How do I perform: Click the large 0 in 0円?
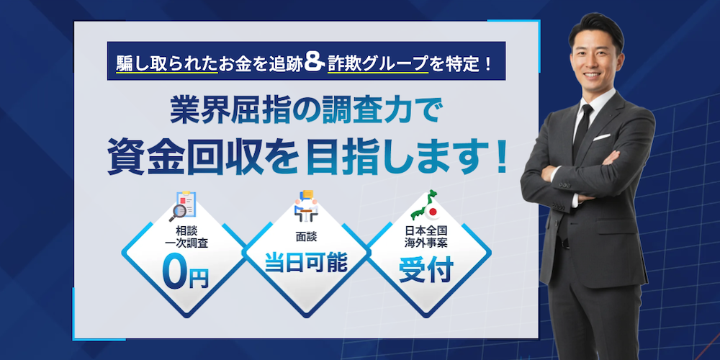coord(175,273)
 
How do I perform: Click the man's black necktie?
coord(582,132)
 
